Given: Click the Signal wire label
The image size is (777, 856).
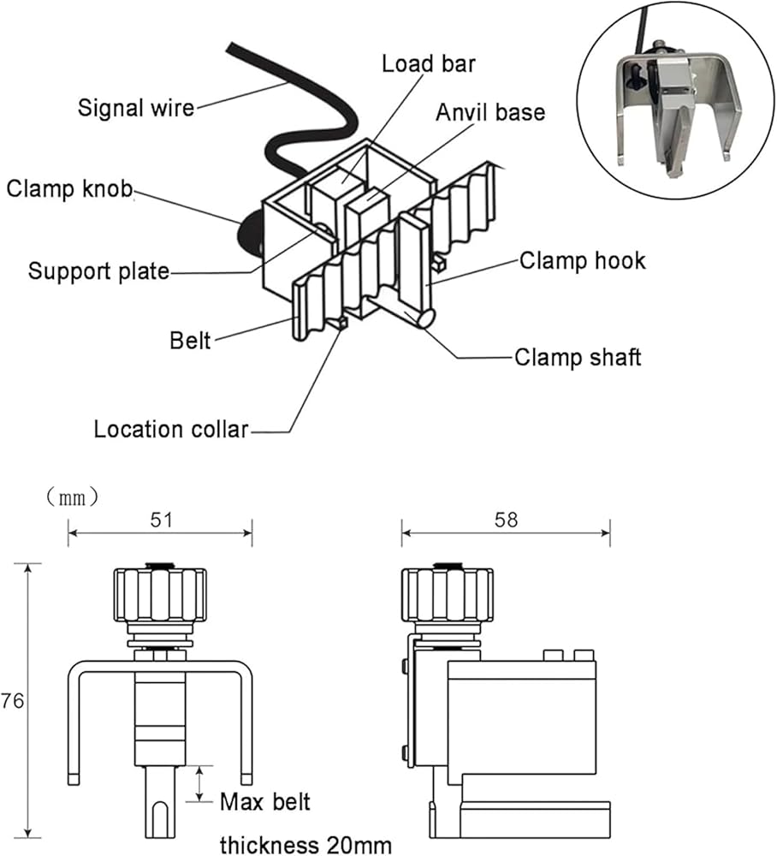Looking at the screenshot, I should point(136,109).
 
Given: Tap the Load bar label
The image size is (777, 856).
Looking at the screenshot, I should point(428,64).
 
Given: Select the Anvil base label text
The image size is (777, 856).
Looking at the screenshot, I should point(490,113).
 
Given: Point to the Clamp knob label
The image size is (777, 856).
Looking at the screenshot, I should point(69,189).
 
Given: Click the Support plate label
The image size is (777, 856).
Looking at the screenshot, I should point(98,271).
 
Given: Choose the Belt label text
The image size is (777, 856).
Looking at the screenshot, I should point(190,342).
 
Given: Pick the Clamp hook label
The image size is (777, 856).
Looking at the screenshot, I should point(582,261).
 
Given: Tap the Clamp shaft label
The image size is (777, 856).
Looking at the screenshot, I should point(577,356).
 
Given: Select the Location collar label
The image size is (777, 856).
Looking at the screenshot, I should point(171,428).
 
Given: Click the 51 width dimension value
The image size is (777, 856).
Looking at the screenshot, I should point(159,520).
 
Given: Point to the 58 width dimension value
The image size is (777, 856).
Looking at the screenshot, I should point(506,520).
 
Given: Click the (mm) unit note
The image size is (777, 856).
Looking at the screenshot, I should point(73,496).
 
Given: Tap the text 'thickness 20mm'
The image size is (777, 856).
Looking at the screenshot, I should point(305,845).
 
